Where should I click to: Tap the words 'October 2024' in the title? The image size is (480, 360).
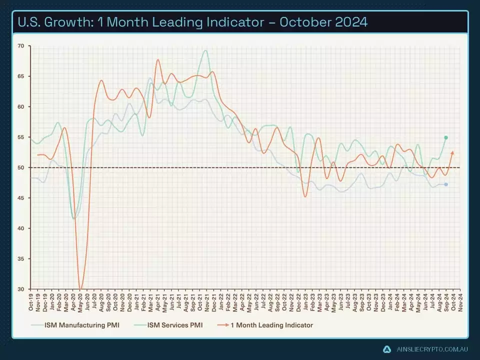pos(325,22)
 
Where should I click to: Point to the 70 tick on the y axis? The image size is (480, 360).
pos(20,46)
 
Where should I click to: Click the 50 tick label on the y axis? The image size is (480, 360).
pos(20,167)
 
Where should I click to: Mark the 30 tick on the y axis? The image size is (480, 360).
pos(20,289)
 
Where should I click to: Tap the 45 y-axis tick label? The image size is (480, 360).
pos(20,198)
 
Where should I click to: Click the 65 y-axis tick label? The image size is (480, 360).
pos(20,76)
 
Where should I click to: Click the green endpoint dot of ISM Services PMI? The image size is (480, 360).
pos(445,137)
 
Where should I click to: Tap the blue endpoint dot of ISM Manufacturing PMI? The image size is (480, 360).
pos(445,184)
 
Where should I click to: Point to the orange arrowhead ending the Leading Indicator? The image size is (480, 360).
pos(452,152)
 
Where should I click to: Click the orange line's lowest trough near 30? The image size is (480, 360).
pos(80,288)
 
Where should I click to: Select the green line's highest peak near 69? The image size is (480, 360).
pos(205,50)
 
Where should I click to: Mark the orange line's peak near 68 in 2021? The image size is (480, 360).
pos(157,60)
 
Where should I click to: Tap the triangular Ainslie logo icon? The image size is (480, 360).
pos(387,349)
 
